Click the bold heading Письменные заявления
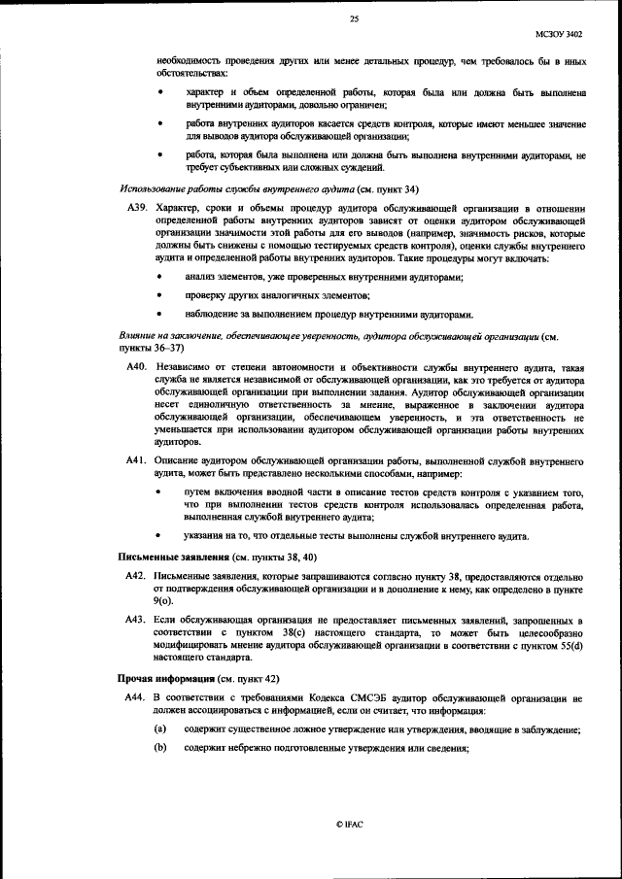(x=160, y=558)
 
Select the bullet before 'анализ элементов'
(x=160, y=279)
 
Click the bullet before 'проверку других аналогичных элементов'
(x=160, y=296)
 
